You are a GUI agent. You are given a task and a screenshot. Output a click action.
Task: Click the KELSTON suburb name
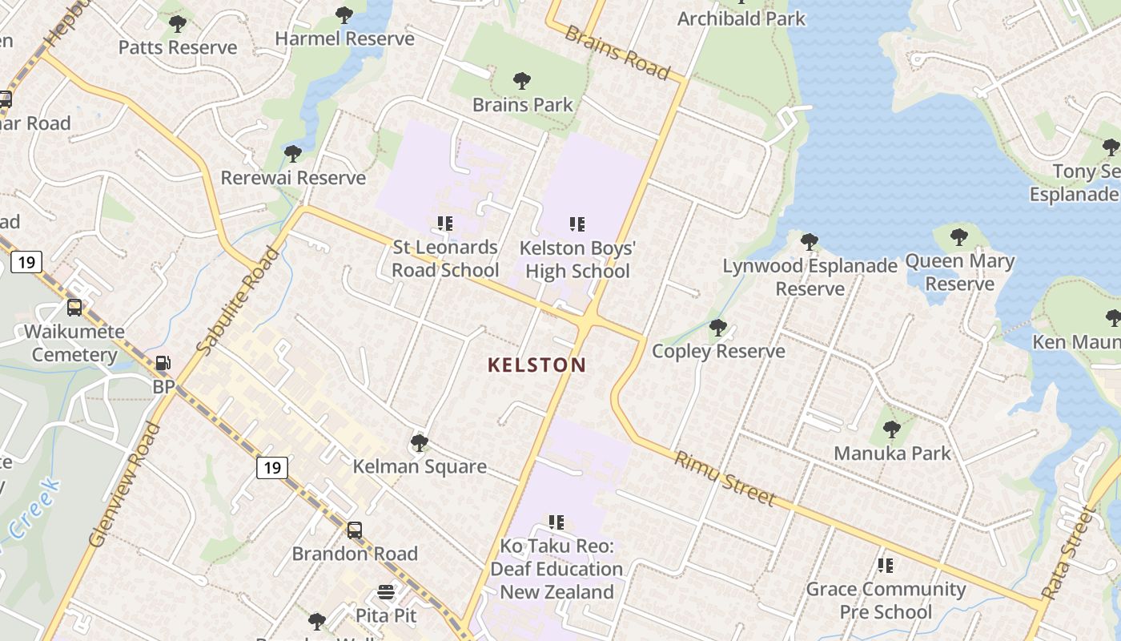tap(537, 365)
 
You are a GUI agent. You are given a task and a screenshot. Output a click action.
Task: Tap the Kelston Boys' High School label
tap(577, 260)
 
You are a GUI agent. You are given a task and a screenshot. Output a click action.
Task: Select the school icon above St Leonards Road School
tap(445, 224)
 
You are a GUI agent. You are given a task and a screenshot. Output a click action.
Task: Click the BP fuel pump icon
tap(163, 364)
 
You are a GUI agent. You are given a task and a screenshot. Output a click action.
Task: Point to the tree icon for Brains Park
tap(522, 81)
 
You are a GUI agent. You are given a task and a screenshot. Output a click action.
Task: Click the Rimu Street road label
tap(725, 479)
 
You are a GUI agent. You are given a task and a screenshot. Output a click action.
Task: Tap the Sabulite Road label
tap(239, 301)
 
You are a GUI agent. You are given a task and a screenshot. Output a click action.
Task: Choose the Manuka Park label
tap(892, 454)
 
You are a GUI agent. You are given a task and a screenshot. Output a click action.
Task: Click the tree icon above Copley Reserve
tap(718, 328)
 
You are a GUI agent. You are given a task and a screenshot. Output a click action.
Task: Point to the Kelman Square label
tap(420, 466)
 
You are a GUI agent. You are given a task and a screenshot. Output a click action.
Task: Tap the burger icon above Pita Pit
tap(387, 593)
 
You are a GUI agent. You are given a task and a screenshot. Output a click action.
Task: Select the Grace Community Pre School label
tap(886, 600)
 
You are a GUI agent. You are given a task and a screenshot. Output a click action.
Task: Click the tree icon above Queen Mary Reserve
tap(959, 237)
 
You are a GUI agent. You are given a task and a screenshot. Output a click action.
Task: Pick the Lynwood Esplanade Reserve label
tap(810, 277)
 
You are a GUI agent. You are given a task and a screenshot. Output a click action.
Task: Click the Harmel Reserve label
tap(344, 38)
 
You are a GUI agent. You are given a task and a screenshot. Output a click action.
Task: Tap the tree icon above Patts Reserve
tap(178, 24)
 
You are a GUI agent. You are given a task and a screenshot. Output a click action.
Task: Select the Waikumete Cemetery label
tap(74, 343)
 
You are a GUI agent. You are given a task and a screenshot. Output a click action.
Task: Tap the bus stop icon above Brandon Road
tap(355, 530)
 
